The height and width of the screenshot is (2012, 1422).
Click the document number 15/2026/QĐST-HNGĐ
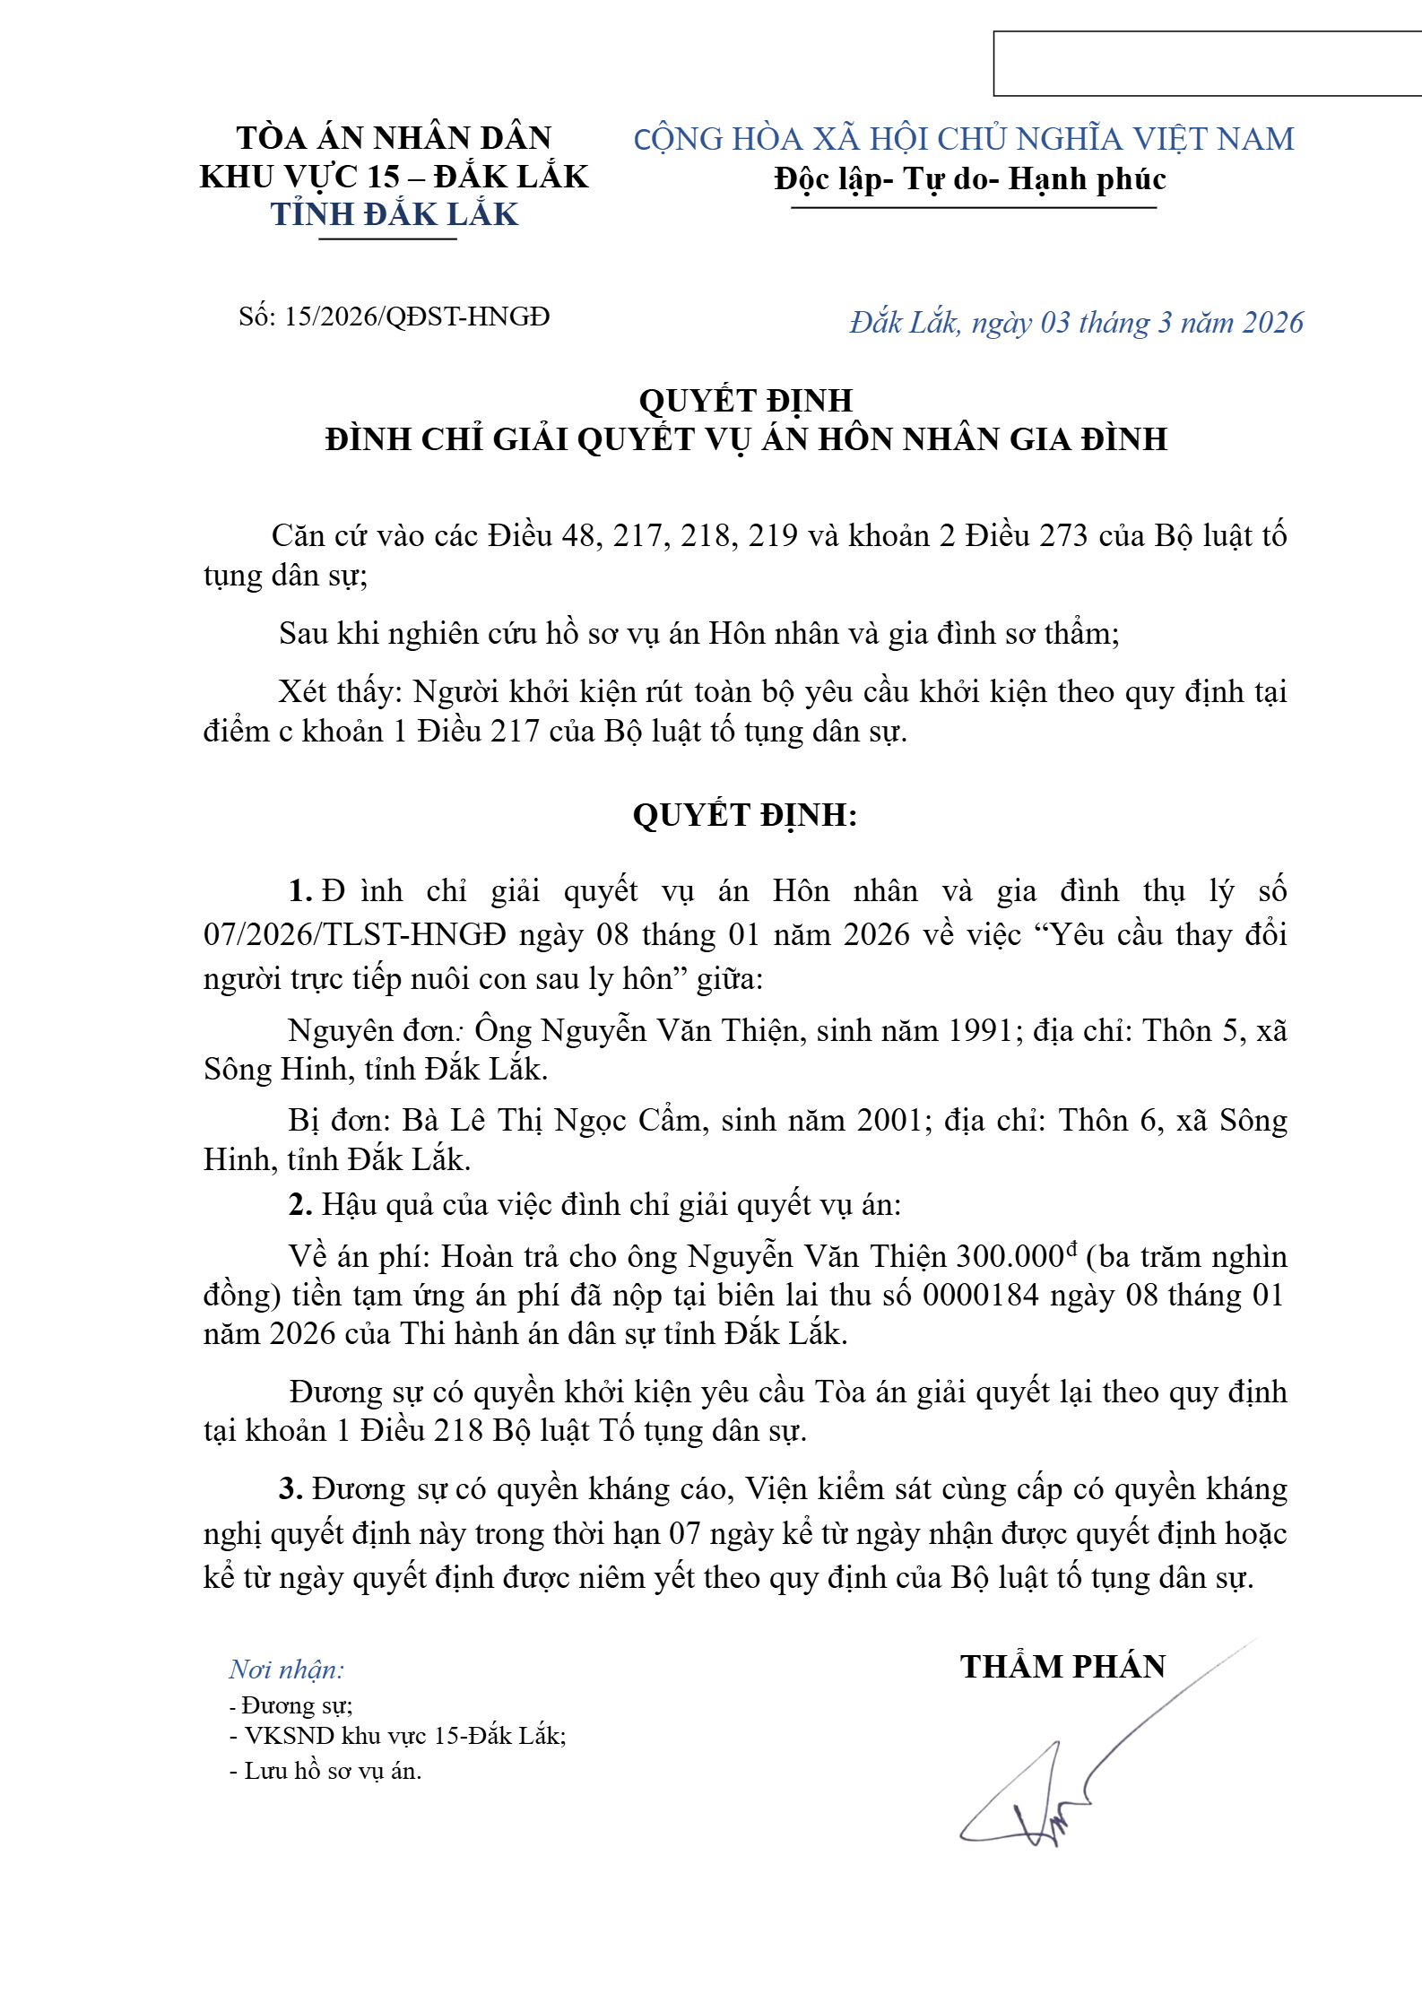pos(417,317)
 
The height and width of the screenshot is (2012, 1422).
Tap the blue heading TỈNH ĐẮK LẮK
pos(395,215)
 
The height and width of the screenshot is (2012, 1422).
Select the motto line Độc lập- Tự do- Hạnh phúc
pos(970,179)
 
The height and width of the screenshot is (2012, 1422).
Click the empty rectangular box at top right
pos(1207,64)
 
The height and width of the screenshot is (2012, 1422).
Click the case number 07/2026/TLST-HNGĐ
pos(355,935)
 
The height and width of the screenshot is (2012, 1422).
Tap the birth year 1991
pos(981,1031)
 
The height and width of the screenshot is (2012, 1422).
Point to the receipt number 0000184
pos(980,1296)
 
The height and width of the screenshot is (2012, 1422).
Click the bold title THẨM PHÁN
pos(1062,1667)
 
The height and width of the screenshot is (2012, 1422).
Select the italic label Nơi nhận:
pos(286,1669)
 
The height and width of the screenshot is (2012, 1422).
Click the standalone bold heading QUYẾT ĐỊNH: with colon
pos(745,815)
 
